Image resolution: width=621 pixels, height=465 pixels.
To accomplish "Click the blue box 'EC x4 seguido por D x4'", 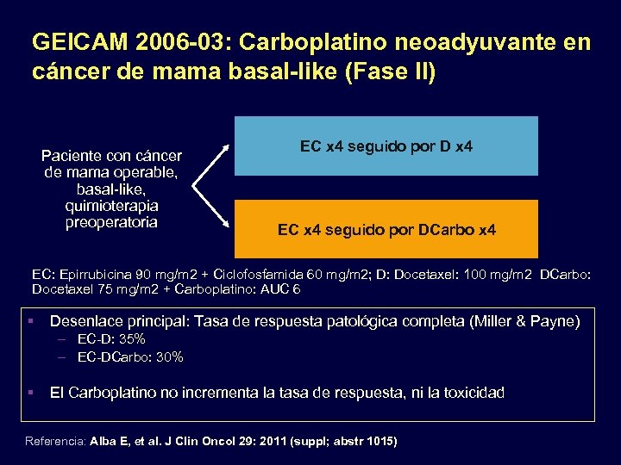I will tap(386, 146).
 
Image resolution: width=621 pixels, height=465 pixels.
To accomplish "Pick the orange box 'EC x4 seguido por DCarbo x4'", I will tap(386, 230).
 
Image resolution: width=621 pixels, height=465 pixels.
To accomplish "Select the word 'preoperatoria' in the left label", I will tap(111, 222).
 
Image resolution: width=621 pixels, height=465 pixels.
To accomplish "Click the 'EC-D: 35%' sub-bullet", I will tap(110, 339).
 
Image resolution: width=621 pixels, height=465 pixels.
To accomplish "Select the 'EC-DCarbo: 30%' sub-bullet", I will tap(129, 356).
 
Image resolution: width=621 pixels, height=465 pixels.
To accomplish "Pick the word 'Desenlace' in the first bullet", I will tap(85, 321).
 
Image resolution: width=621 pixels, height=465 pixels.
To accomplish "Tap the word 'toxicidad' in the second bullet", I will tap(474, 393).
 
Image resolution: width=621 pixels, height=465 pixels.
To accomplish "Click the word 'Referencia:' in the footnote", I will tap(56, 441).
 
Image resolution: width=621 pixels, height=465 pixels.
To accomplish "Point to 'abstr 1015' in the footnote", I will tap(361, 441).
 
